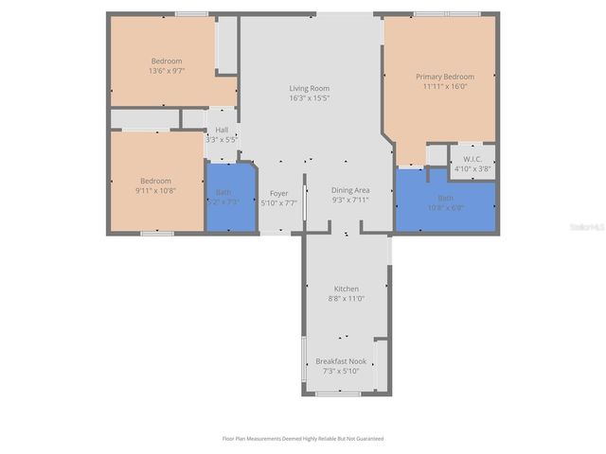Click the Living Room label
pyautogui.click(x=309, y=89)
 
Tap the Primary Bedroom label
pyautogui.click(x=444, y=77)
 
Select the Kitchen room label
pyautogui.click(x=347, y=288)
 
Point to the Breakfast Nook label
pyautogui.click(x=341, y=361)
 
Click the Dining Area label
pyautogui.click(x=349, y=190)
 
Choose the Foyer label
pyautogui.click(x=278, y=193)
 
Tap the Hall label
pyautogui.click(x=222, y=130)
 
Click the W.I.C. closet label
pyautogui.click(x=472, y=159)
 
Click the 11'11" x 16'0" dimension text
pyautogui.click(x=444, y=86)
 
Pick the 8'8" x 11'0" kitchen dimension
pyautogui.click(x=347, y=298)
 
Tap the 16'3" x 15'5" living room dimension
pyautogui.click(x=309, y=98)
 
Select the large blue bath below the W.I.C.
pyautogui.click(x=445, y=203)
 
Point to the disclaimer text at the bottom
pyautogui.click(x=303, y=439)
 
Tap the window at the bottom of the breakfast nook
pyautogui.click(x=338, y=393)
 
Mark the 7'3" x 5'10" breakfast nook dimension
pyautogui.click(x=341, y=371)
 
